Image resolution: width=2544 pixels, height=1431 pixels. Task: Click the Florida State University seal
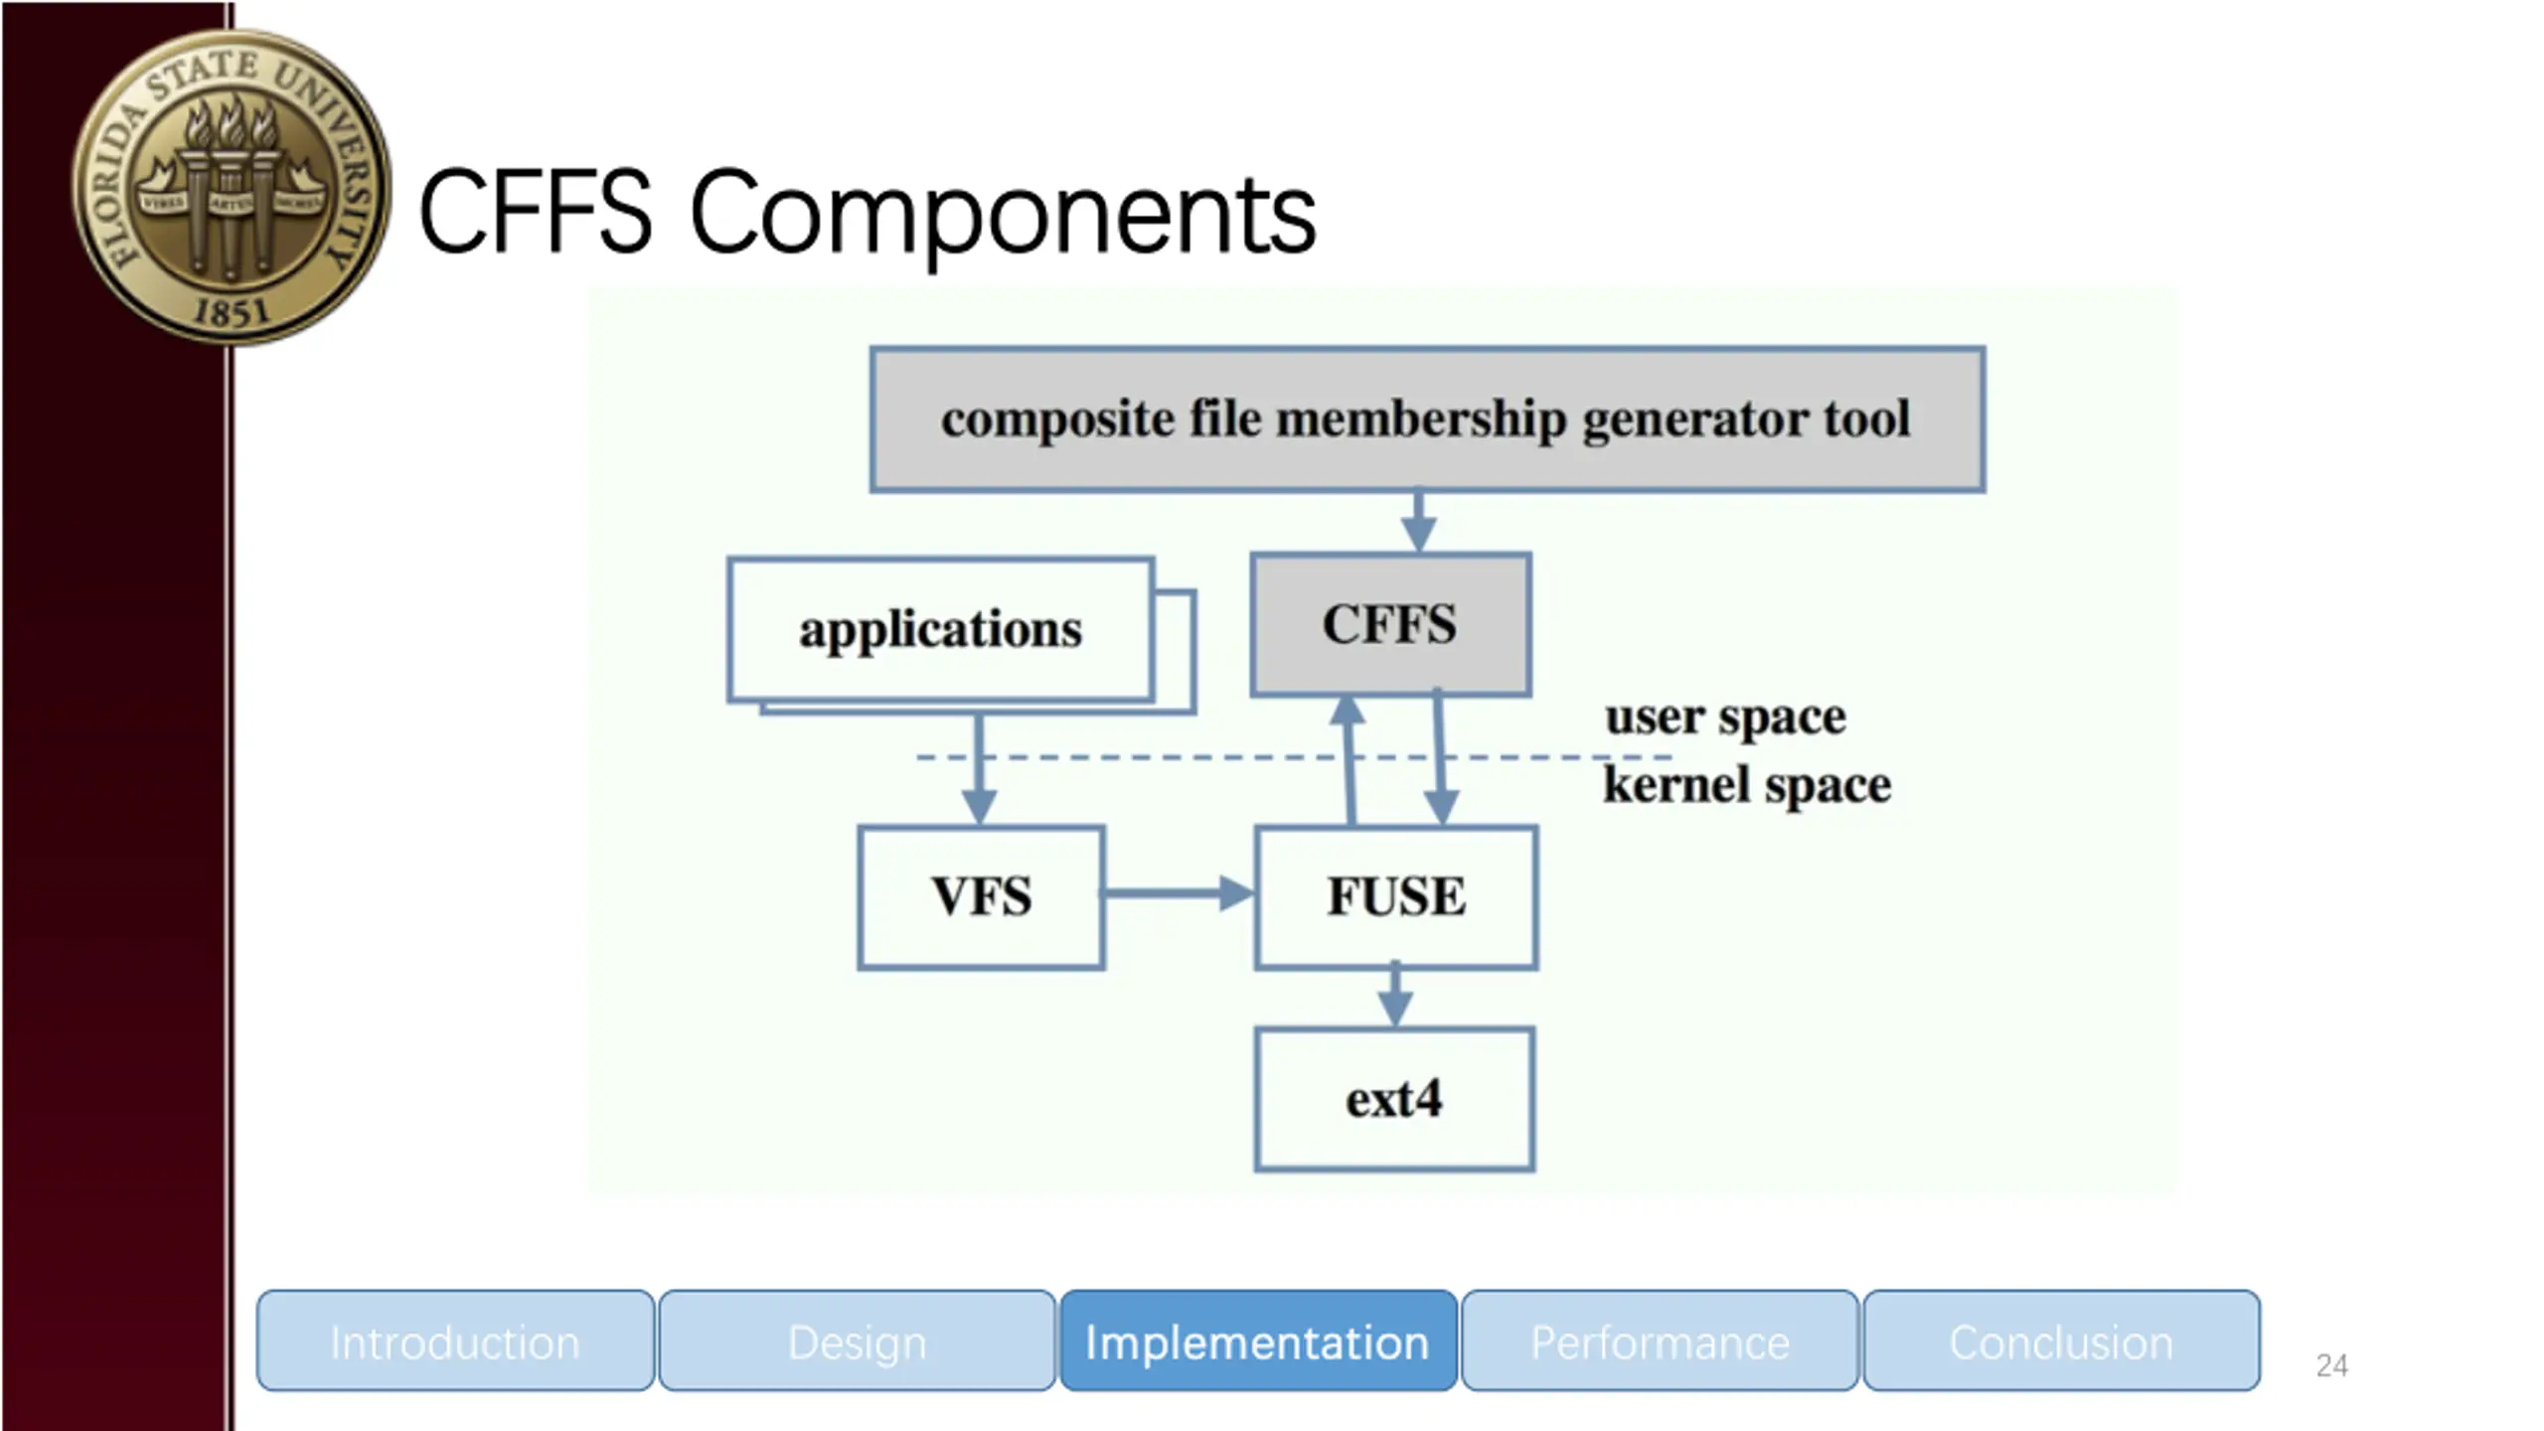coord(231,187)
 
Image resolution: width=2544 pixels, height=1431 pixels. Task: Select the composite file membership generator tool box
coord(1427,419)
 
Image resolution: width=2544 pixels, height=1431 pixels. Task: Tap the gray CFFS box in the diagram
coord(1389,624)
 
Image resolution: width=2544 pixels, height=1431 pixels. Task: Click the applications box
coord(940,630)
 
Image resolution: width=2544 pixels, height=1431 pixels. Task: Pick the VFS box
coord(981,896)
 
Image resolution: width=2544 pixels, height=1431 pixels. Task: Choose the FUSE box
coord(1395,896)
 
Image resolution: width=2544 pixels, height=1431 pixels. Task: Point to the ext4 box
coord(1393,1099)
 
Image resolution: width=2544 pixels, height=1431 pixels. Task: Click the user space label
coord(1725,717)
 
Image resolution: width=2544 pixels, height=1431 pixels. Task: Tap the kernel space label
coord(1746,785)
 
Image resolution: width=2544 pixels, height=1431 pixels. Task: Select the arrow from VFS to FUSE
coord(1178,893)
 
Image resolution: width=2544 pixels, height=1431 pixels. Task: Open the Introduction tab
coord(455,1342)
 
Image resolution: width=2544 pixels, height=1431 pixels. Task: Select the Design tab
coord(857,1342)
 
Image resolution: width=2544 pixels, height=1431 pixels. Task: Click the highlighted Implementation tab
coord(1257,1342)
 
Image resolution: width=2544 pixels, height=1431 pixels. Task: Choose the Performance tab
coord(1660,1342)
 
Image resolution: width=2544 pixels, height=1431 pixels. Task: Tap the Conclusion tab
coord(2061,1342)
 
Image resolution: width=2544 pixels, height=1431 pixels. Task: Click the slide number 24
coord(2331,1365)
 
